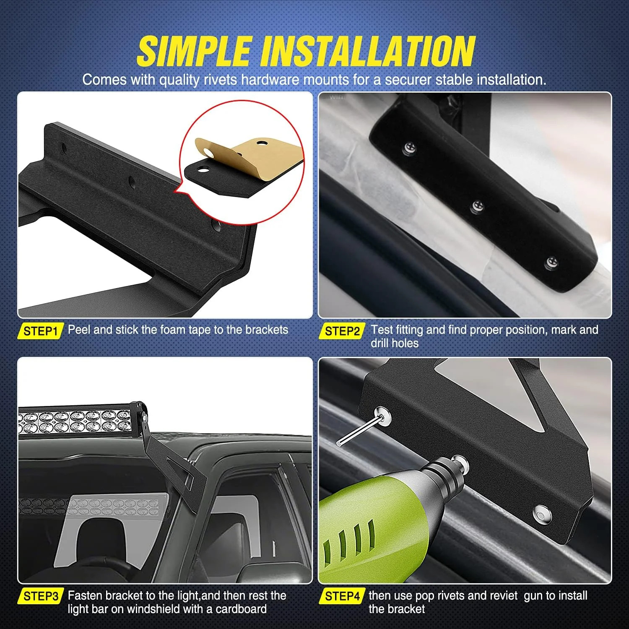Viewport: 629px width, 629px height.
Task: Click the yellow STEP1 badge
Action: tap(40, 331)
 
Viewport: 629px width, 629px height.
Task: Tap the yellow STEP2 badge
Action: tap(342, 331)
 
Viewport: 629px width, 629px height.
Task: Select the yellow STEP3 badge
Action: tap(40, 596)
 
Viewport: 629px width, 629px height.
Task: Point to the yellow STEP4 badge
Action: tap(342, 596)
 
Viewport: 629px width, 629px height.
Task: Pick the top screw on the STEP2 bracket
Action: tap(409, 148)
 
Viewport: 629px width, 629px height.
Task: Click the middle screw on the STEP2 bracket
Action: tap(478, 206)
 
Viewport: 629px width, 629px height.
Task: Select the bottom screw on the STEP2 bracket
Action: tap(551, 263)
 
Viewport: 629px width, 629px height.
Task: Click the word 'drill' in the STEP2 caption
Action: tap(380, 343)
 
